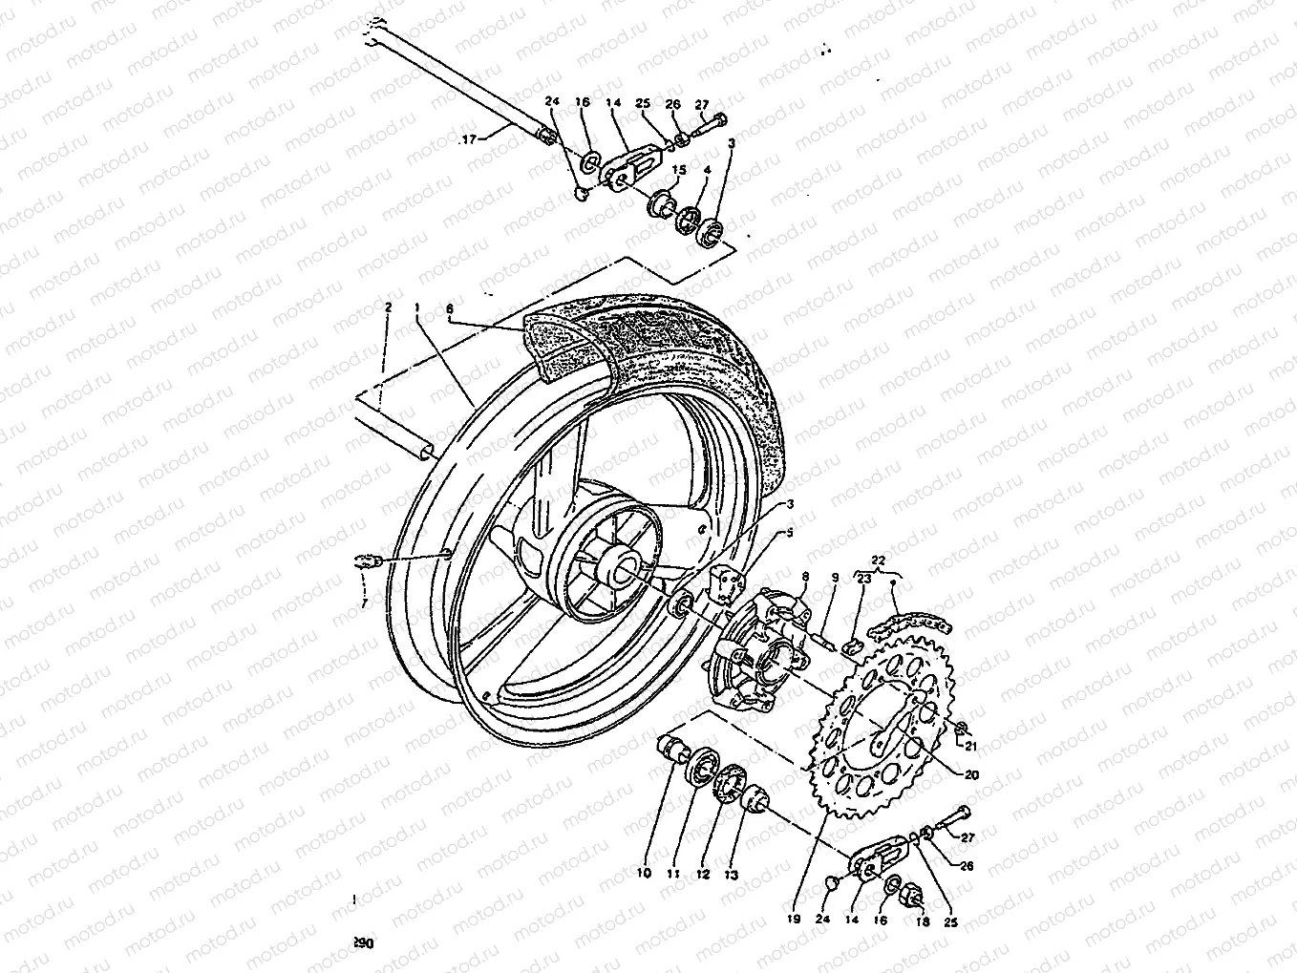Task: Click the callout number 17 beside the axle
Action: coord(468,140)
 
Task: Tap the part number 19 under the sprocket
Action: coord(793,920)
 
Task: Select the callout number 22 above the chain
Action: coord(879,560)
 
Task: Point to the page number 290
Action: coord(362,942)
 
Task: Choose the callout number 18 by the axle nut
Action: coord(922,921)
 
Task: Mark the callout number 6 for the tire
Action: coord(450,309)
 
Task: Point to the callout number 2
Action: coord(388,307)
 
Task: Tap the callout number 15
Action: coord(680,170)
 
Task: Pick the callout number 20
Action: coord(971,775)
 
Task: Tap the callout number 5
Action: coord(789,532)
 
